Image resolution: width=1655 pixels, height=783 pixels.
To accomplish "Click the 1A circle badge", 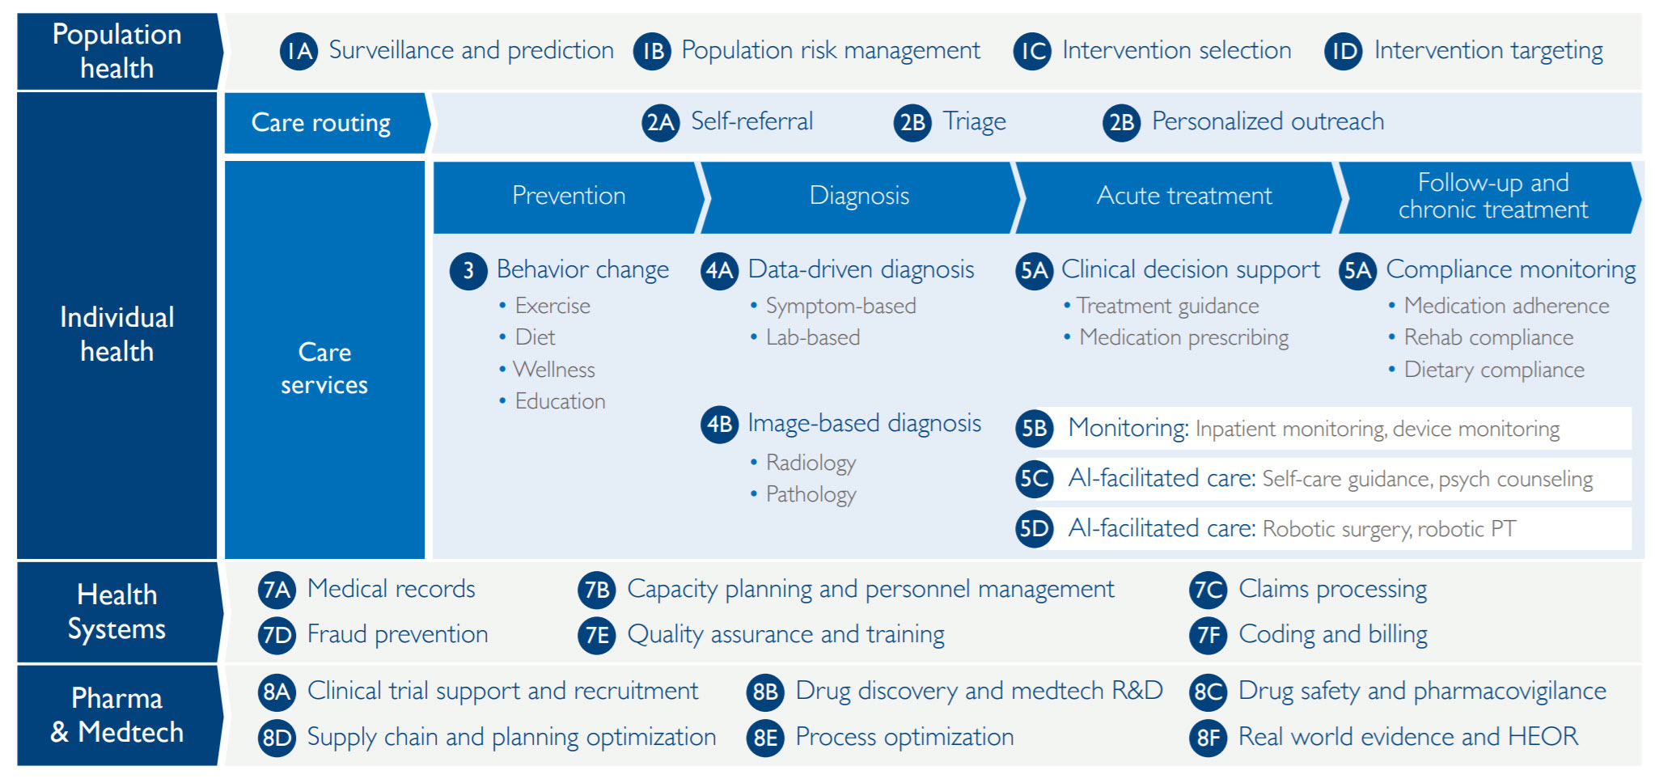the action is coord(298,51).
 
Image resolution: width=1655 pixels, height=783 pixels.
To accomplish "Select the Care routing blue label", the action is coord(327,123).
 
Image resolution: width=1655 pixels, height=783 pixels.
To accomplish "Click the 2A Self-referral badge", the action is coord(660,122).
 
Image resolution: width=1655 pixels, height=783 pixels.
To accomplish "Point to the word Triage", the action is coord(975,122).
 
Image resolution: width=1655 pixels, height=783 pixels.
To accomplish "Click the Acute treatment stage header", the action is coord(1183,197).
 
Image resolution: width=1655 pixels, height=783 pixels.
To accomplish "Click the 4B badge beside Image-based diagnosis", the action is coord(719,424).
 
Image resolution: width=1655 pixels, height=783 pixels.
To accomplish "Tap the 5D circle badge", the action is coord(1034,529).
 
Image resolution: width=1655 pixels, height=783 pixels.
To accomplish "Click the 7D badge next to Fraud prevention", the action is coord(277,635).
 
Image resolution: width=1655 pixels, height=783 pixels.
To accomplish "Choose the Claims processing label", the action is coord(1333,590).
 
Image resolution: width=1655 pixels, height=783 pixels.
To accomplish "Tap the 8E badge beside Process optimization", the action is coord(765,738).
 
